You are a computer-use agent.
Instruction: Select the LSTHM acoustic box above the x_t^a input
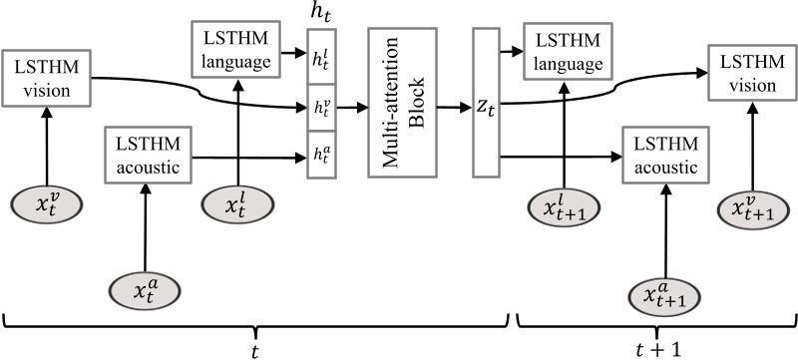[148, 156]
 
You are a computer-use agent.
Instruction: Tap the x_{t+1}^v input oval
[752, 210]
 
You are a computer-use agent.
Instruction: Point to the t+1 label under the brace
[656, 347]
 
